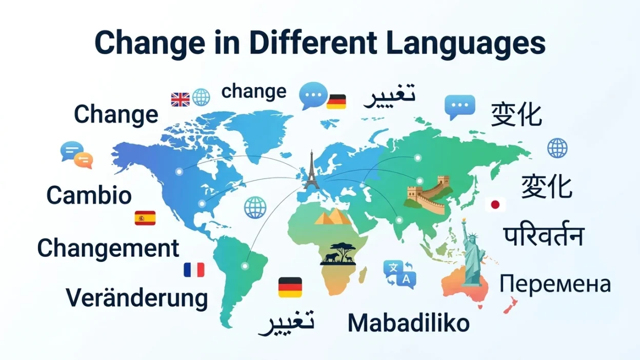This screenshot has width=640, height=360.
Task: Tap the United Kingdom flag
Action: click(181, 99)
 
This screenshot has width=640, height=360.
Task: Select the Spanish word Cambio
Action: click(89, 195)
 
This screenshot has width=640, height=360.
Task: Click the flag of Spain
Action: click(145, 218)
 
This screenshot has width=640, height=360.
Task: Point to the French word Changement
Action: click(108, 249)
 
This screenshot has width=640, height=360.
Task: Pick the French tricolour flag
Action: click(194, 270)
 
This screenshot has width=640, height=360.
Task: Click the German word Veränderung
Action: click(137, 298)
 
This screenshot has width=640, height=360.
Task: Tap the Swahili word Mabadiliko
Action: click(409, 323)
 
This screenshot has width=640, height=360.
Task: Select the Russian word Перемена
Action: click(555, 284)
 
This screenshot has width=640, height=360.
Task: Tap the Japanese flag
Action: click(495, 205)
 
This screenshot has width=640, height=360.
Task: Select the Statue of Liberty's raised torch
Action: click(464, 222)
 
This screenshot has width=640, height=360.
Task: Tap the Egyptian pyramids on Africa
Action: click(332, 216)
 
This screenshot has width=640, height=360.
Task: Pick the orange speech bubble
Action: click(83, 161)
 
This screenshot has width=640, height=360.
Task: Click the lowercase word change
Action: click(254, 92)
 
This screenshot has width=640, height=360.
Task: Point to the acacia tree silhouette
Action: click(342, 250)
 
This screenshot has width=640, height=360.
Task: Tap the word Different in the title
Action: click(313, 43)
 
